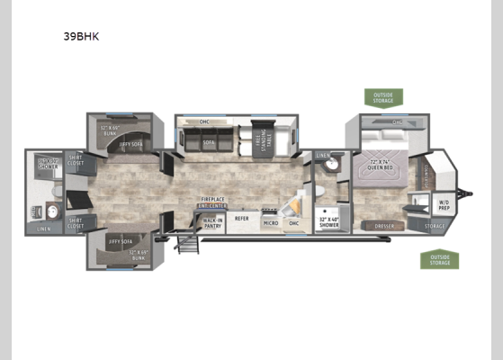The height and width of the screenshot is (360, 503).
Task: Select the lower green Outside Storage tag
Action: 438,260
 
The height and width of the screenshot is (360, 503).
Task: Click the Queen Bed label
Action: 383,165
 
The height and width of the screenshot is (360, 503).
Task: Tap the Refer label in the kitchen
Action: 241,218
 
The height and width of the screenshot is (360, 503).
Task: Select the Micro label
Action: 270,221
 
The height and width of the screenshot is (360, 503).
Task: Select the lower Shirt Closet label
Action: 76,220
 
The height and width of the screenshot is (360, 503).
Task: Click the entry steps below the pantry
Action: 188,241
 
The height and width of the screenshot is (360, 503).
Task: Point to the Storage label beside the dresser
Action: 436,225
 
